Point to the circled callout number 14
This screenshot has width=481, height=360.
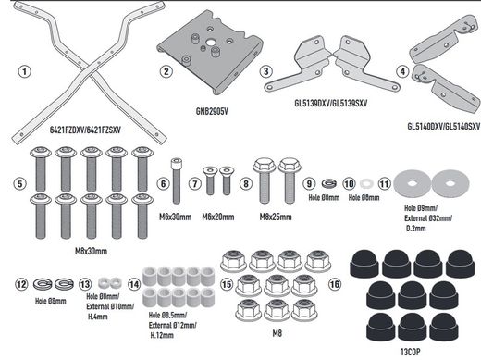tap(136, 286)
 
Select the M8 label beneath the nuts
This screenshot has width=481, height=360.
tap(277, 331)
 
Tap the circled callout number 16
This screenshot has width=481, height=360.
tap(334, 286)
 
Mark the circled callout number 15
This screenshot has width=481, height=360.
tap(225, 286)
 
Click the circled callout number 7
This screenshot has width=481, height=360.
tap(194, 184)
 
